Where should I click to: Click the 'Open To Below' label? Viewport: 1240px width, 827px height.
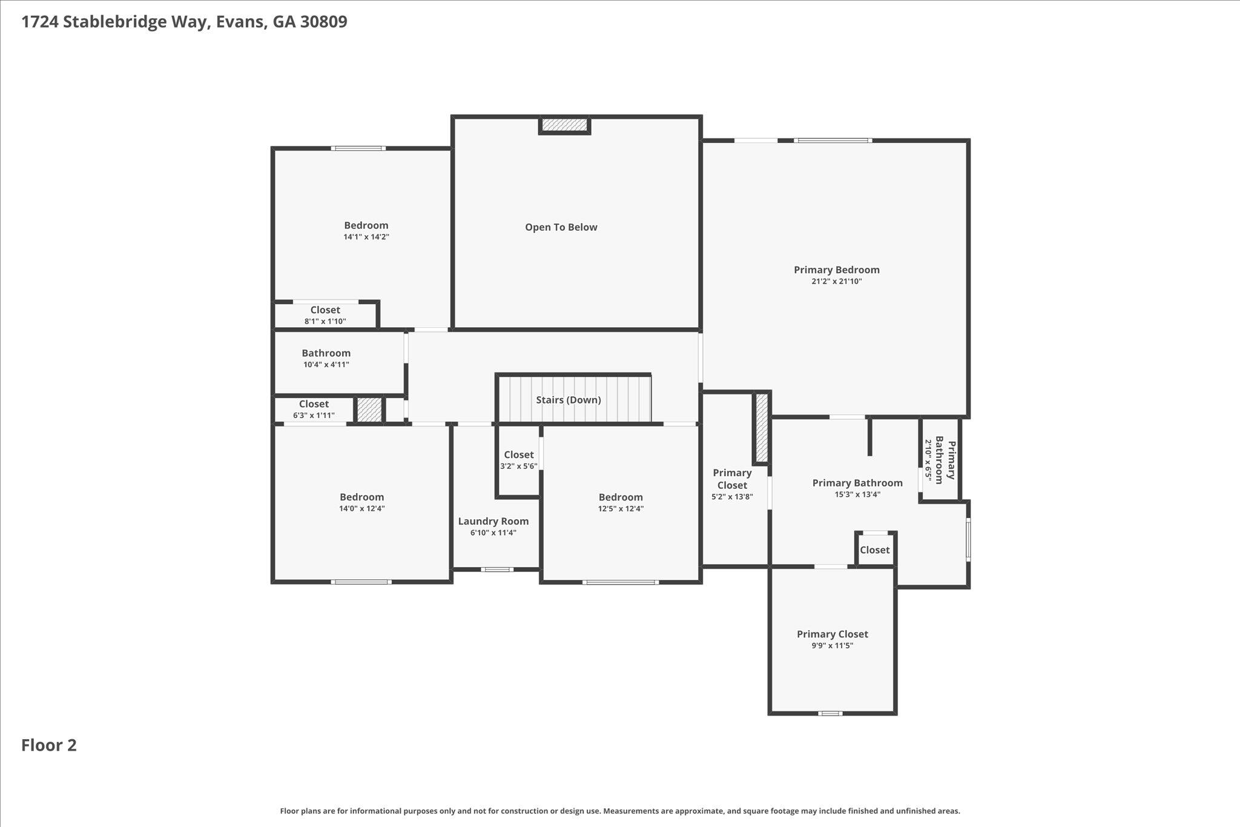[561, 227]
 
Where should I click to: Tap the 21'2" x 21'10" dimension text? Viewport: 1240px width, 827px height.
[836, 282]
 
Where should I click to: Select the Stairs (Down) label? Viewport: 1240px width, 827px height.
[568, 400]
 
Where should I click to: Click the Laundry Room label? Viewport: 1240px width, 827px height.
[493, 521]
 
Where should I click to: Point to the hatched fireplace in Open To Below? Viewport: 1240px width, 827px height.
[564, 125]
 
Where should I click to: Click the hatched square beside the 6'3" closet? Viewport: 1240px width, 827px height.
[369, 410]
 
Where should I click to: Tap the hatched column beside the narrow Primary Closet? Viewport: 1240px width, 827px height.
[762, 427]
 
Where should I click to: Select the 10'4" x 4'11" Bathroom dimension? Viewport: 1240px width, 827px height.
[326, 365]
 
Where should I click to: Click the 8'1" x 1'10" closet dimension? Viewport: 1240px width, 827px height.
[325, 322]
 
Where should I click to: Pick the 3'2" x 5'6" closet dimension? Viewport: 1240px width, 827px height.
[518, 467]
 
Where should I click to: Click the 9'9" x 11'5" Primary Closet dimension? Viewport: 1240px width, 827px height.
[832, 646]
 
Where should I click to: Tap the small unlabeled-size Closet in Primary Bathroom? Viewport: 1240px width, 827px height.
[874, 550]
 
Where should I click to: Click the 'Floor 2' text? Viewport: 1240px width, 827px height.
[49, 745]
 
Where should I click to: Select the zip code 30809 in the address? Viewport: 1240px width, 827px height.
[323, 22]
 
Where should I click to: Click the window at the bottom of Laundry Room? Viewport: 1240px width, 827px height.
[497, 570]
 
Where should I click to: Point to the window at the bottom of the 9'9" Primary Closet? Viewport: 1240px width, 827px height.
[830, 713]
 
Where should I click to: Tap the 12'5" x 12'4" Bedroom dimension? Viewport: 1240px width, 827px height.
[621, 509]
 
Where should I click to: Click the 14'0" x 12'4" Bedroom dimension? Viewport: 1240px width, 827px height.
[361, 509]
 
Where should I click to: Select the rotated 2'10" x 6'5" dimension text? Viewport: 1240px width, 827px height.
[928, 460]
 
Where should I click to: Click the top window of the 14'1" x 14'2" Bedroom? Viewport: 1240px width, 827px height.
[358, 148]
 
